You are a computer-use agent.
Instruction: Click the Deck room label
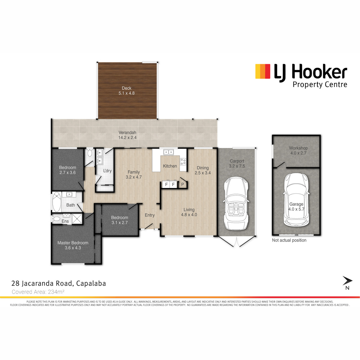click(127, 88)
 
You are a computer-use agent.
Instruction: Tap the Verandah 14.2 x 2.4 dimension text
click(127, 138)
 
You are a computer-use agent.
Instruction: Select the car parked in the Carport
click(236, 203)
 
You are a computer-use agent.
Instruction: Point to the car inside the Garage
click(296, 199)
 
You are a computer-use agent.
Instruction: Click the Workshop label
click(298, 148)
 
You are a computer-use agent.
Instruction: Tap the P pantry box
click(182, 184)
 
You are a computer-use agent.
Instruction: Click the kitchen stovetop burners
click(183, 162)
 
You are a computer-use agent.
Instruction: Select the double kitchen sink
click(169, 152)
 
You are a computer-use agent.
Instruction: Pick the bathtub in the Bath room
click(57, 202)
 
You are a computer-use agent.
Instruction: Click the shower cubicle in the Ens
click(77, 219)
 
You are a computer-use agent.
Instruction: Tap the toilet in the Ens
click(56, 219)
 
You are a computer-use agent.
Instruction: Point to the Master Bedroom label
click(73, 243)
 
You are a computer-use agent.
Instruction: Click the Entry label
click(150, 215)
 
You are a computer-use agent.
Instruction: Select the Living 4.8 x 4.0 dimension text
click(189, 215)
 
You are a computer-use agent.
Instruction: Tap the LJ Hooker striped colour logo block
click(263, 71)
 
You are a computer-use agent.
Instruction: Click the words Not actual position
click(289, 240)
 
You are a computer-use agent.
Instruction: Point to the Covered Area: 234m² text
click(38, 292)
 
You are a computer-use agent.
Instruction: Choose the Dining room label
click(203, 168)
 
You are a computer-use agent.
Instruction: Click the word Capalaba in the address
click(91, 283)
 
